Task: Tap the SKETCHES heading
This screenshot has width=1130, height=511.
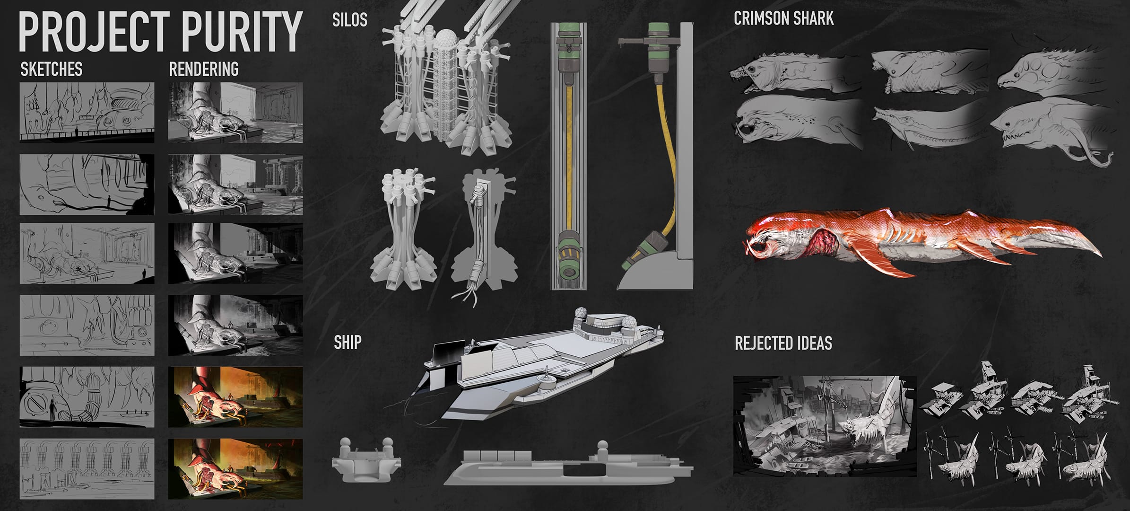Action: [x=51, y=69]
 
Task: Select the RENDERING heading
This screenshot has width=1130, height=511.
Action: [x=204, y=69]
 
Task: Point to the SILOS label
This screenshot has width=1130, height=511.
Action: [x=349, y=20]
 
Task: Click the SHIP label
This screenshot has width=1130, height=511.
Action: [x=348, y=342]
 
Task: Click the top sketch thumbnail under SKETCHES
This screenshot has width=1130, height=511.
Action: [x=87, y=112]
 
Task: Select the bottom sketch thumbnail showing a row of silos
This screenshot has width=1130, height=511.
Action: [x=87, y=469]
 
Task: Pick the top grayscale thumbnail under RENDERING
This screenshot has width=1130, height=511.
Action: [x=235, y=112]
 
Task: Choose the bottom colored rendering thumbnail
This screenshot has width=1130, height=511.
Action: [x=235, y=469]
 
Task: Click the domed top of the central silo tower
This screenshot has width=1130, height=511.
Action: [x=444, y=38]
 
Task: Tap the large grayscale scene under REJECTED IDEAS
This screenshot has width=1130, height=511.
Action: [x=824, y=426]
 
